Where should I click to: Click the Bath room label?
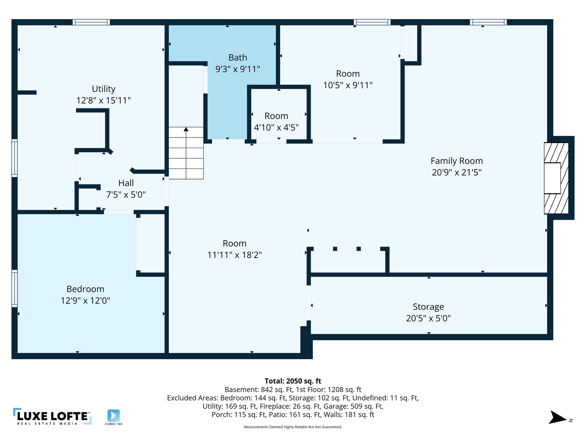click(237, 58)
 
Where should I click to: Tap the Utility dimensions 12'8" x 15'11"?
click(103, 101)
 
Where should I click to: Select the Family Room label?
click(457, 161)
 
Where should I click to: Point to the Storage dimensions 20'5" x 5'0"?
click(428, 318)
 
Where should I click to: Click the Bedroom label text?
click(85, 289)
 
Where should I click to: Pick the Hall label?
click(126, 183)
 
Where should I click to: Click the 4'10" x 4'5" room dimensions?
click(276, 127)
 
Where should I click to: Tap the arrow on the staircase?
click(186, 129)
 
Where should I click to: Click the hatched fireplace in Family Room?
click(556, 178)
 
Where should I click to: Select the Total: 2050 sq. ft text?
click(293, 381)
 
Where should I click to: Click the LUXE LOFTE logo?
click(52, 416)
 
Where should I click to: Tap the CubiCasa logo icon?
click(114, 416)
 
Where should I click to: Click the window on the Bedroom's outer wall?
click(14, 288)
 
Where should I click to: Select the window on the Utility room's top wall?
click(91, 22)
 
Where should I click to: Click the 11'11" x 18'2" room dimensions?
click(234, 255)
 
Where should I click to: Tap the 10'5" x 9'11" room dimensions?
click(348, 85)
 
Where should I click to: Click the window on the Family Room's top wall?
click(488, 22)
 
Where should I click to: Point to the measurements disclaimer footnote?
click(293, 427)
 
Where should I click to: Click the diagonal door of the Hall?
click(121, 161)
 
